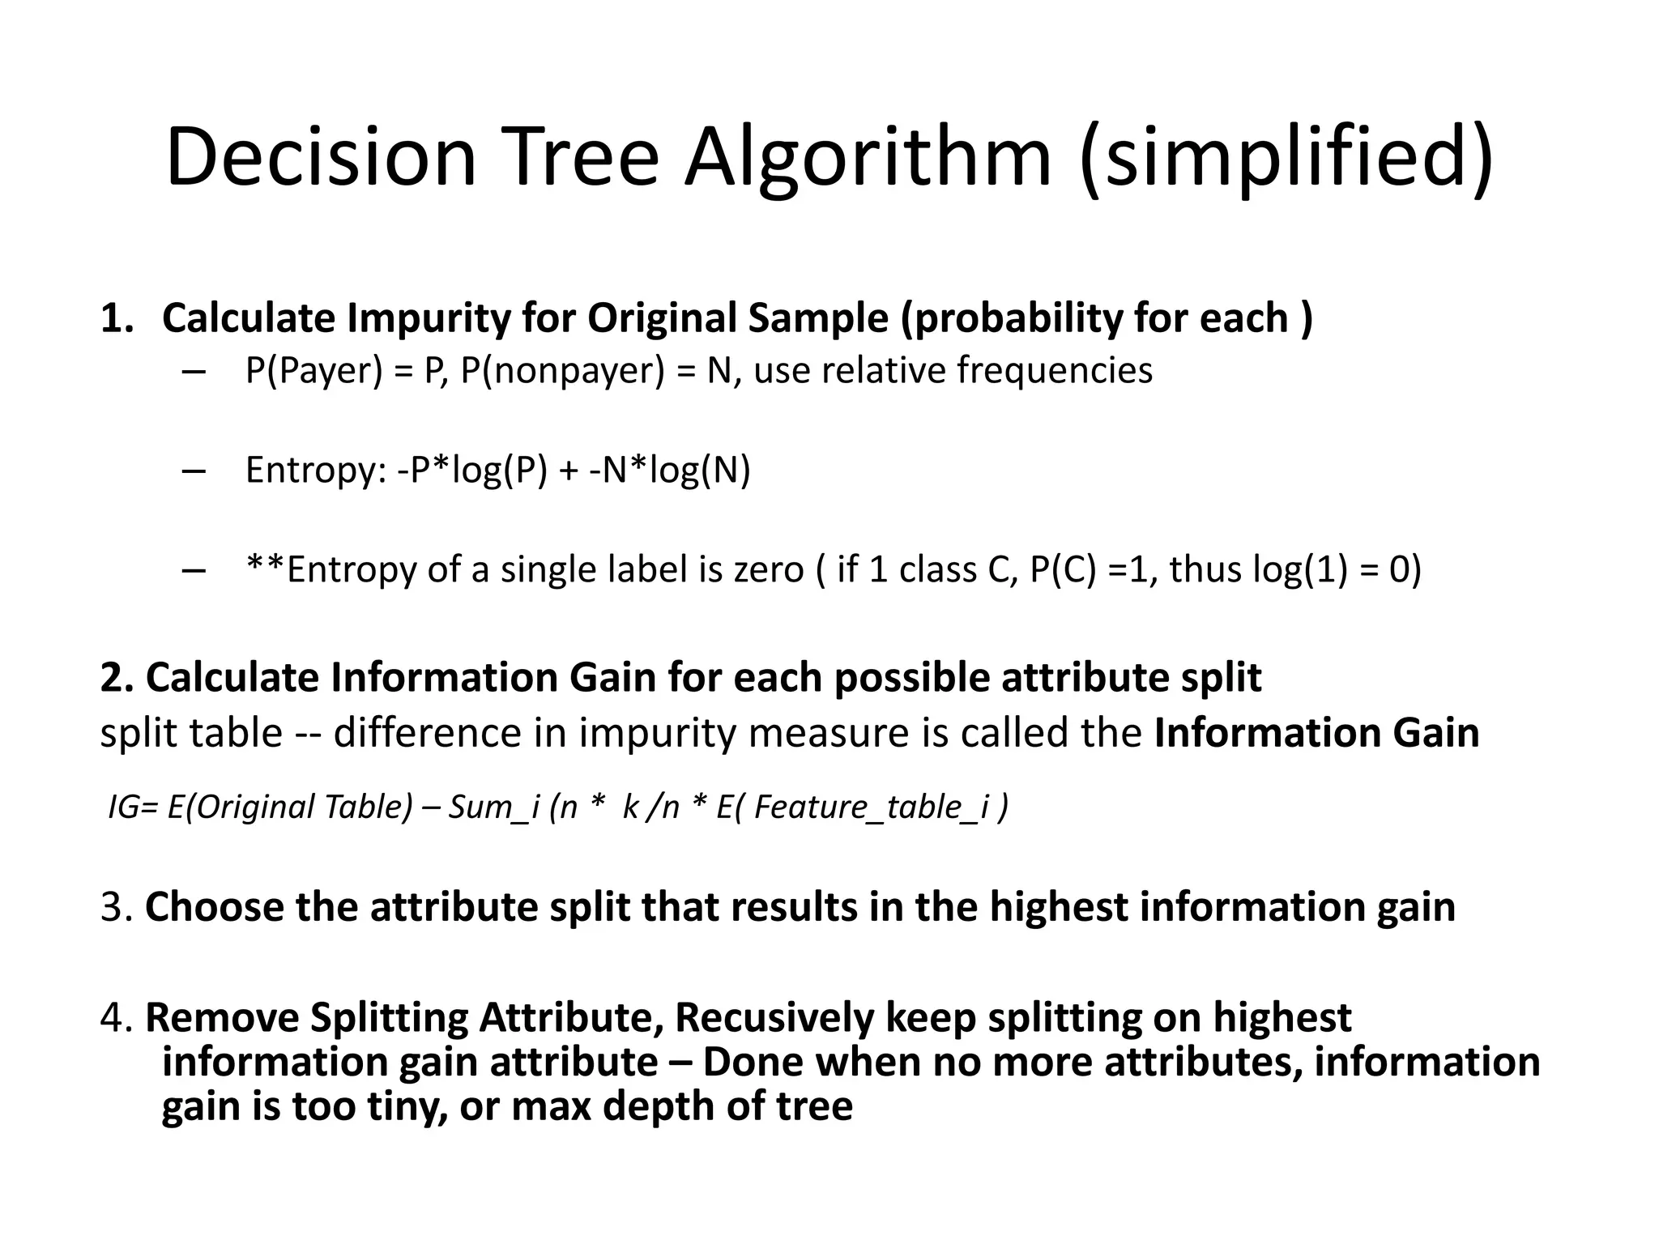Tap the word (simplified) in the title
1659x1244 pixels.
coord(1286,158)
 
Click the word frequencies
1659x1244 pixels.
coord(1054,371)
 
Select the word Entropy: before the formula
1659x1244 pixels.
coord(316,471)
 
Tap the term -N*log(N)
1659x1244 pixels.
coord(670,471)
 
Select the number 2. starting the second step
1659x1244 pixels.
coord(117,678)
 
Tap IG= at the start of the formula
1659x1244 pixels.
coord(134,807)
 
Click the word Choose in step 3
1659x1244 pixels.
coord(214,907)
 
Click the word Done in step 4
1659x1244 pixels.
coord(753,1063)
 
